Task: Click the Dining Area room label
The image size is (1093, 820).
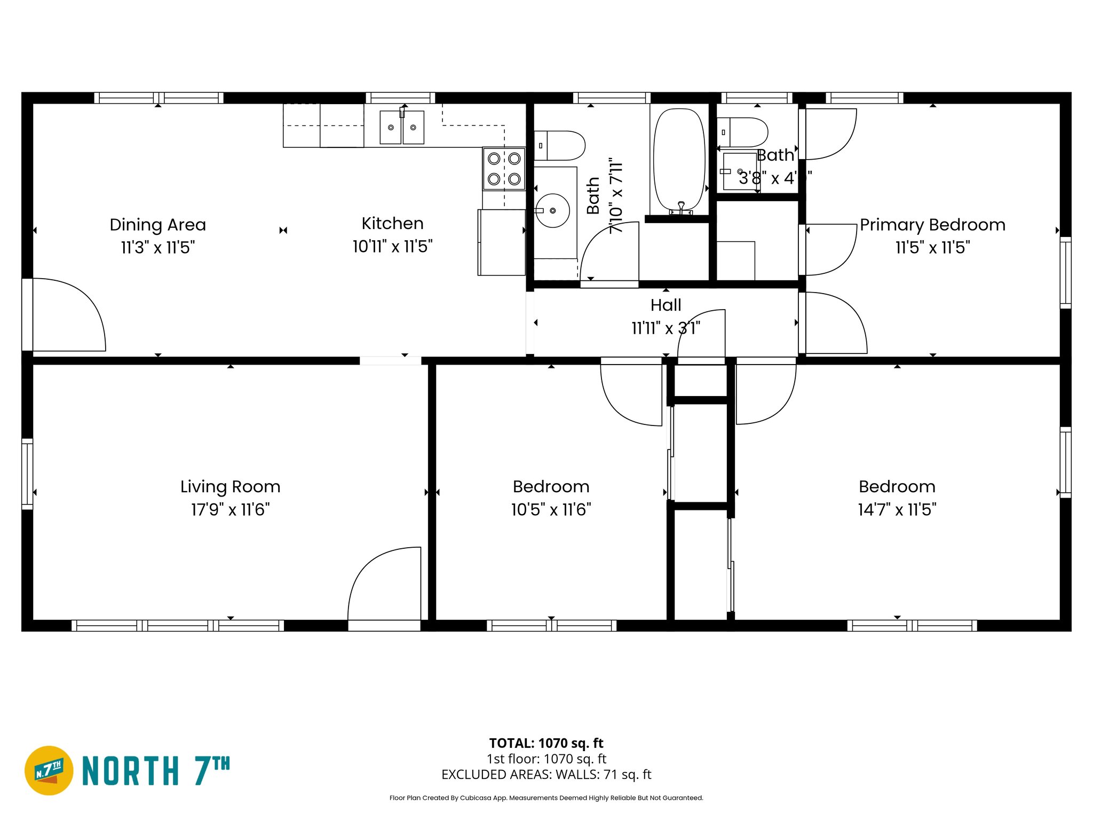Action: (157, 225)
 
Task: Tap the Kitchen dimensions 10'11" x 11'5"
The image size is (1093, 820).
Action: (392, 247)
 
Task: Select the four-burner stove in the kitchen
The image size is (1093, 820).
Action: (504, 169)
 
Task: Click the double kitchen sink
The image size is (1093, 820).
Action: (402, 128)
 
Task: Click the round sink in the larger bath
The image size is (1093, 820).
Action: (552, 210)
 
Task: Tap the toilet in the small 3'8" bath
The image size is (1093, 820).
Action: (743, 132)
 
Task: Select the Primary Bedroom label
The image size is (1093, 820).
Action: (932, 225)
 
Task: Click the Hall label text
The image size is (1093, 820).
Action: (666, 305)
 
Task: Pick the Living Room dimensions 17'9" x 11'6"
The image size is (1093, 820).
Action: (230, 509)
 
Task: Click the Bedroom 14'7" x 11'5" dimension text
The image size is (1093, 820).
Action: (897, 509)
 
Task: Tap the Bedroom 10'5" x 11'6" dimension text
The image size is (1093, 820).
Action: (551, 509)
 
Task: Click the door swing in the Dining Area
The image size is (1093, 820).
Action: (69, 315)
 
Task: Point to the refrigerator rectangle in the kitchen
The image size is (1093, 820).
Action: (501, 242)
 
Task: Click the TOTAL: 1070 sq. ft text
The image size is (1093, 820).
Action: (546, 743)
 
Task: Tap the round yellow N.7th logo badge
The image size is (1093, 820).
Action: (49, 770)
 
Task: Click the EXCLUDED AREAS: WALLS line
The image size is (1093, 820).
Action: (546, 774)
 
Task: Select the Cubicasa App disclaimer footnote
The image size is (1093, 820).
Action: (546, 798)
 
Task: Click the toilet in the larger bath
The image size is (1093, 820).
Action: (560, 146)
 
